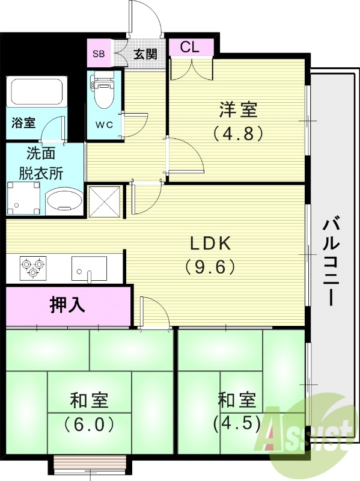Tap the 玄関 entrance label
[x=145, y=54]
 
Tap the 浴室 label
[x=23, y=123]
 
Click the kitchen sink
[x=89, y=268]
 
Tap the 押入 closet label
[x=67, y=305]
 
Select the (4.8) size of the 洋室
[x=238, y=132]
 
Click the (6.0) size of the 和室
[x=90, y=424]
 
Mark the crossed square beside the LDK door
[x=105, y=201]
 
